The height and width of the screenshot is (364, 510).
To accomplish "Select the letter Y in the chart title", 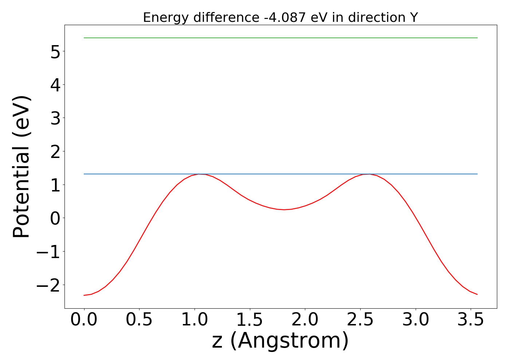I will (x=413, y=17).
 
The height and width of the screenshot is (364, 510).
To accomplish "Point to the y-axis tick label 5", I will (x=55, y=51).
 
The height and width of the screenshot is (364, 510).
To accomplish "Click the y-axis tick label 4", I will (x=55, y=85).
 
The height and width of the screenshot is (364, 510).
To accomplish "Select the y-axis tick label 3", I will (x=55, y=118).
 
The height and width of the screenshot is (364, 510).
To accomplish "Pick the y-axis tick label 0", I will (x=55, y=218).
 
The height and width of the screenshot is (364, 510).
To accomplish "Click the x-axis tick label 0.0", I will (x=84, y=320).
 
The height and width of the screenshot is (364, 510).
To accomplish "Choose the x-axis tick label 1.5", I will (x=250, y=320).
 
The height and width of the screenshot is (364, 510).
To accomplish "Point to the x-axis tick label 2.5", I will (x=360, y=320).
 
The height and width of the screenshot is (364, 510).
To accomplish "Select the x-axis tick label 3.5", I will (x=470, y=320).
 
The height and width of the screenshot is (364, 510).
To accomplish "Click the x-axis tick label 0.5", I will (x=139, y=320).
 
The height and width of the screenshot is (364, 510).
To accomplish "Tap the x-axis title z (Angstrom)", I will (x=280, y=341).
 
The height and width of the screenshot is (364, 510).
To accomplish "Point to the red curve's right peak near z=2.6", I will (x=369, y=174).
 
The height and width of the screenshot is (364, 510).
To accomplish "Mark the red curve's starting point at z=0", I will (x=84, y=295).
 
